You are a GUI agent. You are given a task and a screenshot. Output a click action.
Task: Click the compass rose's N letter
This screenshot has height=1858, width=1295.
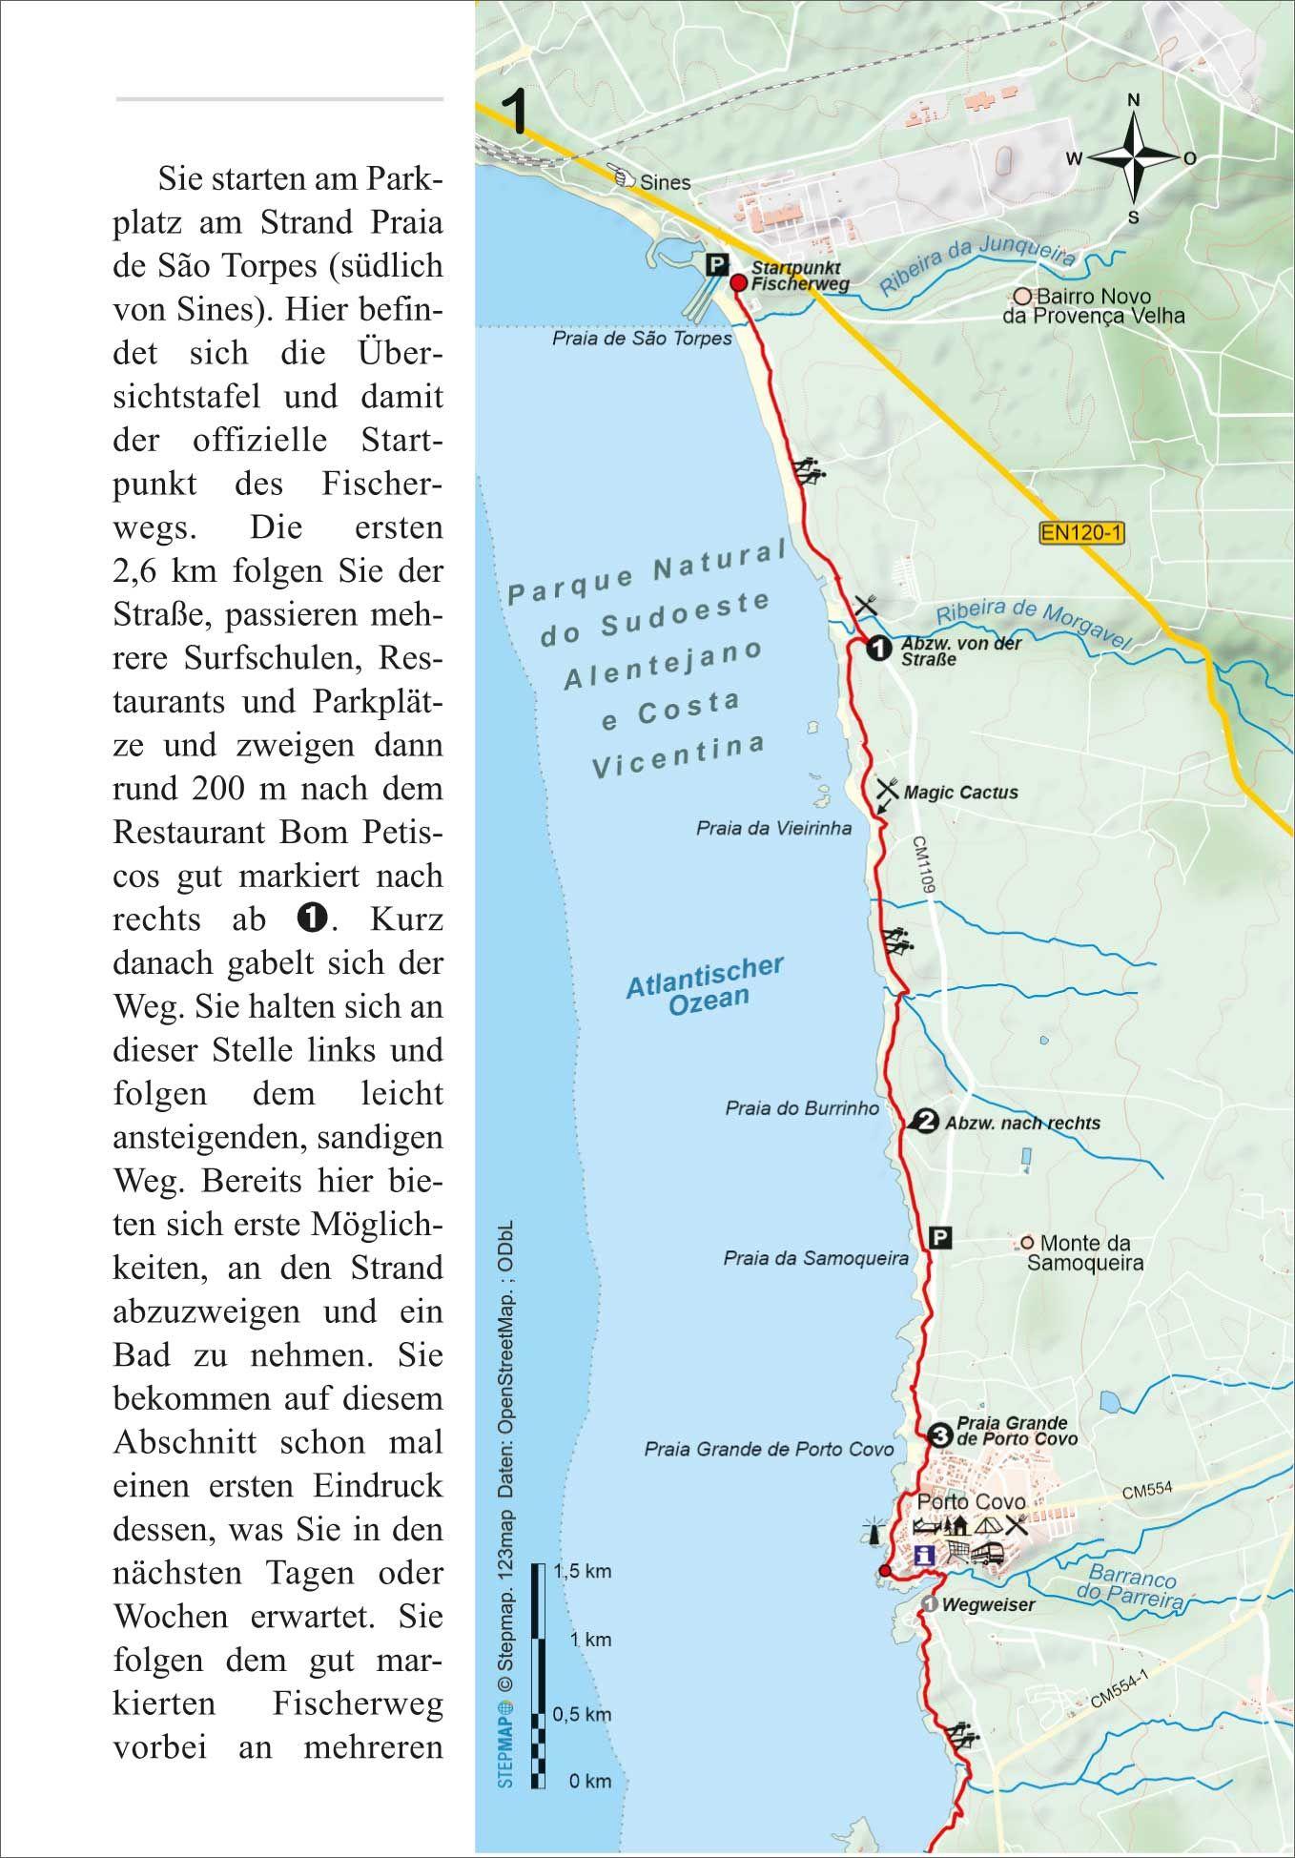pyautogui.click(x=1134, y=100)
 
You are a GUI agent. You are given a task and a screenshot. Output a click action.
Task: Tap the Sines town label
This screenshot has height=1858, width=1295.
pyautogui.click(x=665, y=181)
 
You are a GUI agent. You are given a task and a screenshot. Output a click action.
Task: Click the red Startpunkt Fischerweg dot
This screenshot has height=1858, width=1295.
pyautogui.click(x=738, y=282)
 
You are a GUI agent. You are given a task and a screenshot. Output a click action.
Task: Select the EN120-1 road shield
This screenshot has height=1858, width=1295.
pyautogui.click(x=1081, y=533)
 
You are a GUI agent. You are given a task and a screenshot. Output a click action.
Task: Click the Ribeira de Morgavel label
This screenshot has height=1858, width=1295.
pyautogui.click(x=1033, y=627)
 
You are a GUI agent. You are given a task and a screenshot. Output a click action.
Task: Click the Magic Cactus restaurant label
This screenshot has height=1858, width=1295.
pyautogui.click(x=960, y=793)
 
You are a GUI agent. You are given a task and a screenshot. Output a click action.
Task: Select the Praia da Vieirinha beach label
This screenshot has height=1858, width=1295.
pyautogui.click(x=773, y=828)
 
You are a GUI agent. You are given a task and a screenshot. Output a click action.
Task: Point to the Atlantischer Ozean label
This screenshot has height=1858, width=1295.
pyautogui.click(x=706, y=984)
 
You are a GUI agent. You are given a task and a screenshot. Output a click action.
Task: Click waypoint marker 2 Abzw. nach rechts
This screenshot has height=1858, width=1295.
pyautogui.click(x=923, y=1122)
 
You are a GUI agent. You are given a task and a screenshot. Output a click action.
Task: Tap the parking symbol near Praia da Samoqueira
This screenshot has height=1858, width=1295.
pyautogui.click(x=940, y=1239)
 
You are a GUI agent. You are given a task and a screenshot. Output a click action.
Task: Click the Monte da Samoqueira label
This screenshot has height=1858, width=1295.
pyautogui.click(x=1084, y=1253)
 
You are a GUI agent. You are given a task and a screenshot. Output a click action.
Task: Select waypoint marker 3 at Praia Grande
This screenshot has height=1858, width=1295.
pyautogui.click(x=938, y=1434)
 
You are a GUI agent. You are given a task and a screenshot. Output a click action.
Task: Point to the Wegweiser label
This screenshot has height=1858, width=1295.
pyautogui.click(x=988, y=1605)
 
